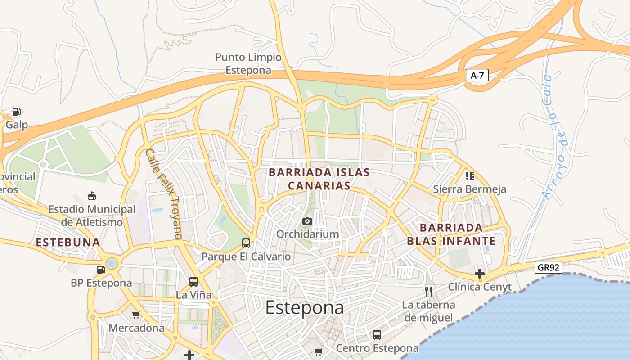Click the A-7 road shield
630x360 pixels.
pyautogui.click(x=477, y=76)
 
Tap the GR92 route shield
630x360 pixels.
pyautogui.click(x=549, y=268)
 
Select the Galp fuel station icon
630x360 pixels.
pyautogui.click(x=17, y=112)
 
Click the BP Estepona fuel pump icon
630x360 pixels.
pyautogui.click(x=101, y=269)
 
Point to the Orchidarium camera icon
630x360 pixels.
pyautogui.click(x=307, y=221)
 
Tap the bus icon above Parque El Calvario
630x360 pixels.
pyautogui.click(x=246, y=243)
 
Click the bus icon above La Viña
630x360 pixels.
pyautogui.click(x=193, y=282)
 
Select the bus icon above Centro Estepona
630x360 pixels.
pyautogui.click(x=377, y=335)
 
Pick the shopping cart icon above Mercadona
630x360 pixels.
pyautogui.click(x=136, y=315)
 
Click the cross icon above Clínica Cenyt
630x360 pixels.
pyautogui.click(x=480, y=273)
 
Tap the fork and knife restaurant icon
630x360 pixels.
pyautogui.click(x=428, y=291)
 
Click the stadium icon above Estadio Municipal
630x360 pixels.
pyautogui.click(x=92, y=196)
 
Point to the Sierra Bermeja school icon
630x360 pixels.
pyautogui.click(x=469, y=175)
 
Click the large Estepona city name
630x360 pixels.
pyautogui.click(x=304, y=308)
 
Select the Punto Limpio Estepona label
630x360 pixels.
pyautogui.click(x=248, y=63)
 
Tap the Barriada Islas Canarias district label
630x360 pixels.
pyautogui.click(x=319, y=179)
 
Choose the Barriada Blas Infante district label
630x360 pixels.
pyautogui.click(x=451, y=234)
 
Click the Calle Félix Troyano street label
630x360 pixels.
pyautogui.click(x=164, y=193)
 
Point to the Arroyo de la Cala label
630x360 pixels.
pyautogui.click(x=554, y=137)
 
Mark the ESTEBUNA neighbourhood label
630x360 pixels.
pyautogui.click(x=68, y=243)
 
